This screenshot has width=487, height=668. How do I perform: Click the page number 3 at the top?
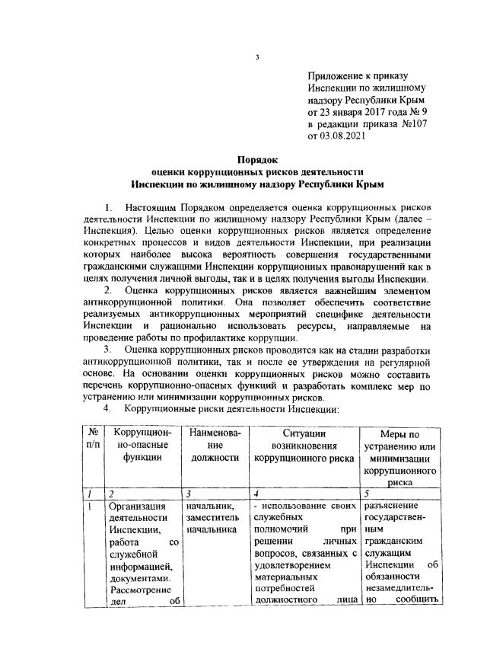(x=258, y=57)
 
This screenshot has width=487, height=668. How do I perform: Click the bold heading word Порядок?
(x=258, y=160)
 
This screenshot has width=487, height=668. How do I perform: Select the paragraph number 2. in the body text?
(x=108, y=289)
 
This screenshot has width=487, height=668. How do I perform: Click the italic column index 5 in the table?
(x=368, y=494)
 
